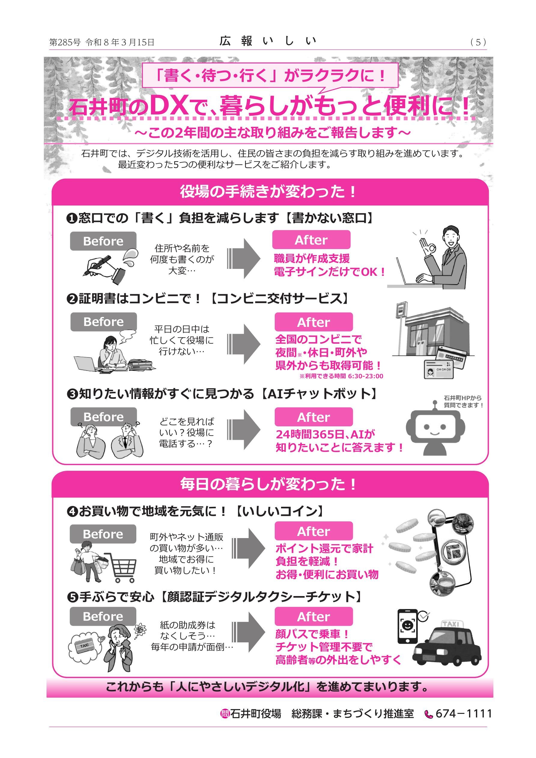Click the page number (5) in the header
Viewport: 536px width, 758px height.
pyautogui.click(x=478, y=42)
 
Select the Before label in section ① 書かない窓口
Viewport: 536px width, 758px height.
pyautogui.click(x=103, y=241)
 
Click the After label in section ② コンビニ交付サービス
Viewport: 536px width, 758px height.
pyautogui.click(x=313, y=322)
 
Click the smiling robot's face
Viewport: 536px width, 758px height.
pyautogui.click(x=435, y=428)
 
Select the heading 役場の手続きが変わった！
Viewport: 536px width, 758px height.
pyautogui.click(x=268, y=192)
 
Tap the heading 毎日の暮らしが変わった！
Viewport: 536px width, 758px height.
pyautogui.click(x=268, y=484)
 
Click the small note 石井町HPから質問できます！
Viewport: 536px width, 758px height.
pyautogui.click(x=463, y=401)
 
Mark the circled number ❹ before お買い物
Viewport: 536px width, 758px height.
pyautogui.click(x=72, y=512)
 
